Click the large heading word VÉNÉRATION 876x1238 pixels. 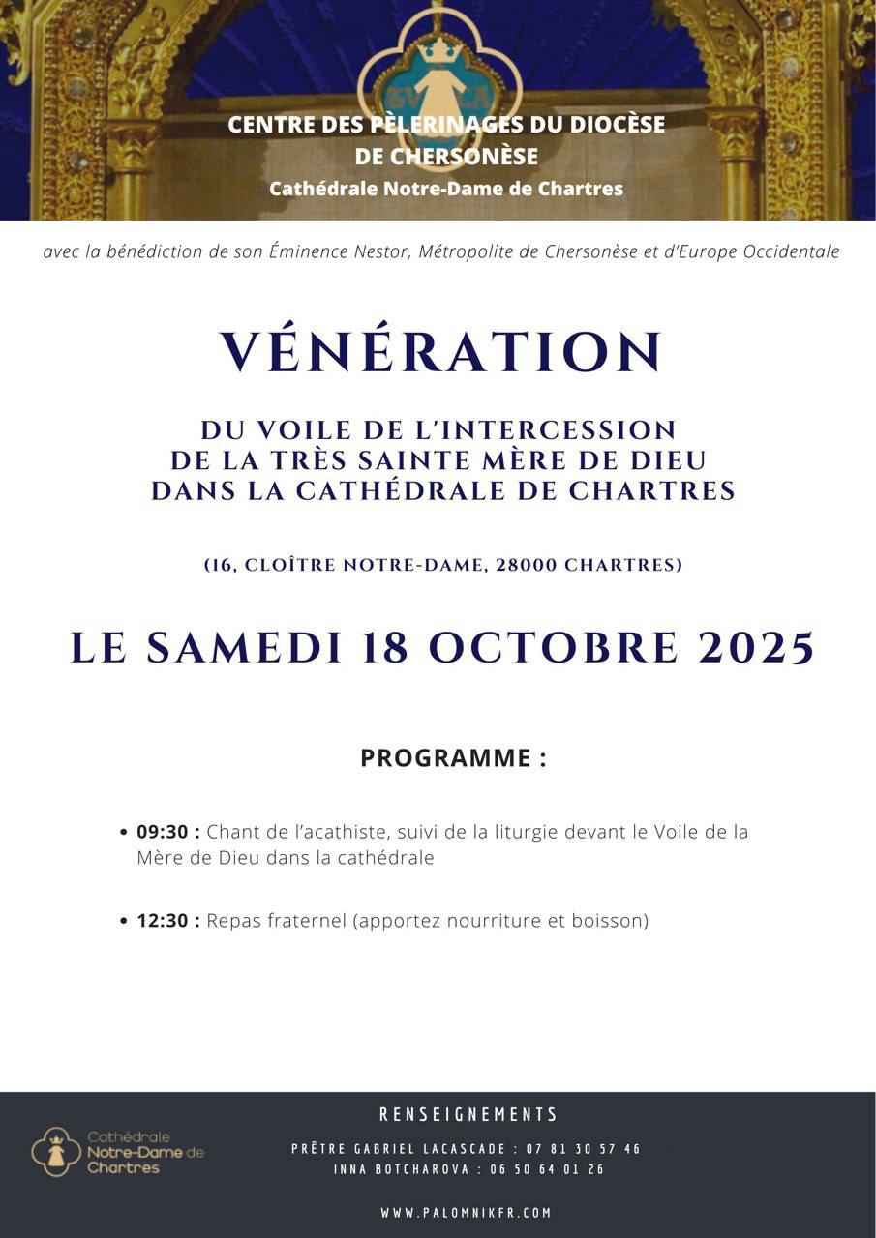(x=442, y=353)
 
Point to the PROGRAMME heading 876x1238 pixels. (x=453, y=758)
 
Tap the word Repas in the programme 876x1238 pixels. (x=232, y=921)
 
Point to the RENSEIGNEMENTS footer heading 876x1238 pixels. (x=468, y=1115)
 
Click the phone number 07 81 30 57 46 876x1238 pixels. (x=583, y=1149)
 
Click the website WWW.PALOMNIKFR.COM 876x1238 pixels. (x=466, y=1213)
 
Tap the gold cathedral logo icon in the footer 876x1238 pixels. (x=56, y=1151)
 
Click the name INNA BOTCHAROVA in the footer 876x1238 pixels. (x=393, y=1169)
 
